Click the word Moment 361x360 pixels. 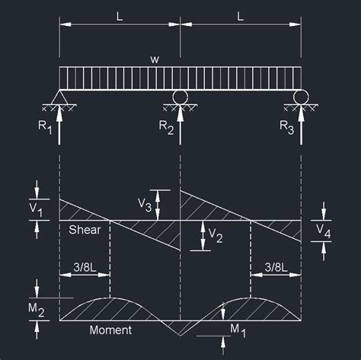110,330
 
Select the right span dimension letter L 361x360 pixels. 241,15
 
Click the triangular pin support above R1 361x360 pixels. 59,97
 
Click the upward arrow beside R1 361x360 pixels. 59,126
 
